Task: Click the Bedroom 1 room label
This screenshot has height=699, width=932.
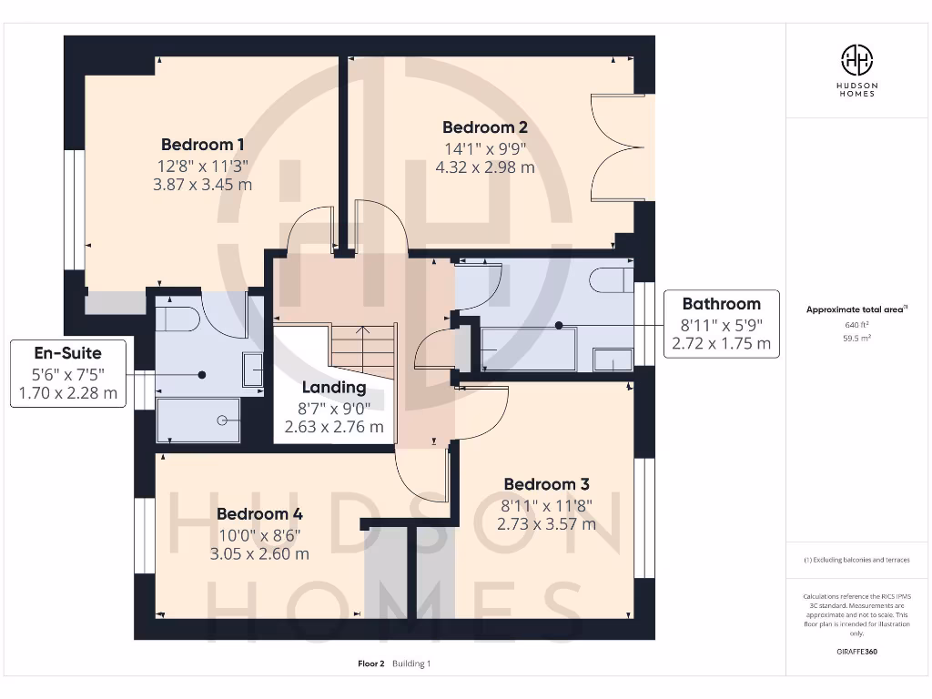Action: tap(202, 144)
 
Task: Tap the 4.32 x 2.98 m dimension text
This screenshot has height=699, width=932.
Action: tap(485, 167)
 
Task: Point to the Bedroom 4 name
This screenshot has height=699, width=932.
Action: tap(258, 514)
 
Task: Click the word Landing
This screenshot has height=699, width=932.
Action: tap(334, 388)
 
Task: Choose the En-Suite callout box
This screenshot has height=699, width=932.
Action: tap(67, 373)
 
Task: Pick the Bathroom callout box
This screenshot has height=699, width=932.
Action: tap(721, 324)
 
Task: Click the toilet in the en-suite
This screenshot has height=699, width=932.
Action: tap(177, 318)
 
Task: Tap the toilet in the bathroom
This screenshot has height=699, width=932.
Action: tap(612, 279)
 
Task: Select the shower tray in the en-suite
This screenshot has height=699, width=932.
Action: tap(198, 420)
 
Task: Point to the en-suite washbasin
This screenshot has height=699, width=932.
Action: tap(252, 370)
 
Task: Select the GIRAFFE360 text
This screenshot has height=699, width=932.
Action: tap(856, 652)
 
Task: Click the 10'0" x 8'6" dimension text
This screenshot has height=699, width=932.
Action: tap(258, 536)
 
